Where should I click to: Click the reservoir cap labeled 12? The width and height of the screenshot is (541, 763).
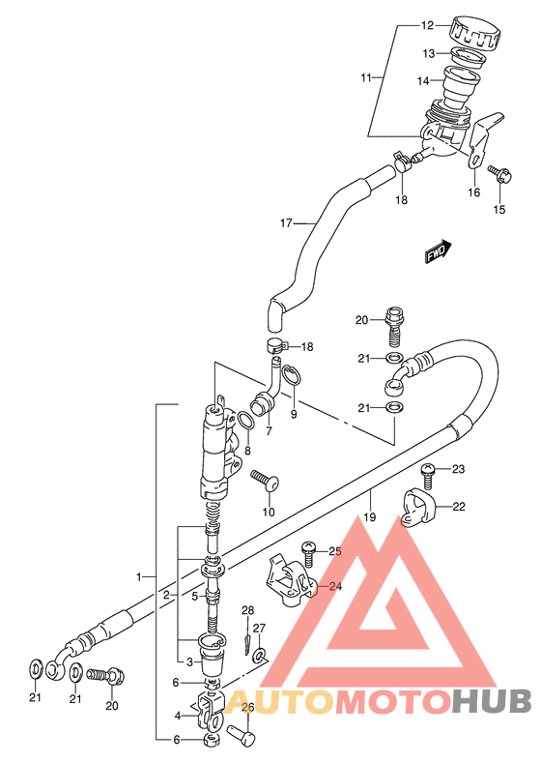475,33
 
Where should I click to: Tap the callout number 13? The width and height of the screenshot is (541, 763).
429,53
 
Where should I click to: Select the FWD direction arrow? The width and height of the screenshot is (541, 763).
439,251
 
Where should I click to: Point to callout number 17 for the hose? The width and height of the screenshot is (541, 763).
286,222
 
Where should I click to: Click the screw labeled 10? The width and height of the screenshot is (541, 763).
265,481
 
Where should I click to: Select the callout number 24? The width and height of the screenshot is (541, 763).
335,586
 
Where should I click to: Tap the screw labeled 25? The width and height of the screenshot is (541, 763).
308,555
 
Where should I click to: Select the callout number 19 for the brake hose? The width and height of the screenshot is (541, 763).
369,516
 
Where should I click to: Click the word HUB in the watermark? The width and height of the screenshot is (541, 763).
492,703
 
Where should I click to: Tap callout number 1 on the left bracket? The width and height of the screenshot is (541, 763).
139,577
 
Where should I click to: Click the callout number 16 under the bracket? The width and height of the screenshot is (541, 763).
474,192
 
